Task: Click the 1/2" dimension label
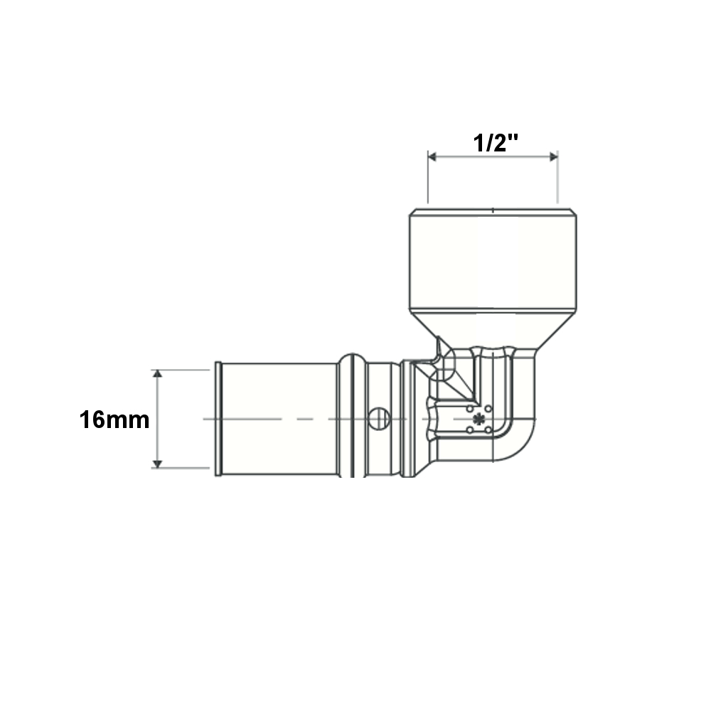pos(496,143)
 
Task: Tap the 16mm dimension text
pos(114,420)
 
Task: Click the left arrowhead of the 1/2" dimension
pos(432,157)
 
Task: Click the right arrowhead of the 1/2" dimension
pos(553,157)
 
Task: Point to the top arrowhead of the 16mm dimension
pos(157,374)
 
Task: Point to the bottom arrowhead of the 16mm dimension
pos(157,464)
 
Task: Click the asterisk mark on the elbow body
pos(479,419)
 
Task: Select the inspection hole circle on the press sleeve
pos(379,418)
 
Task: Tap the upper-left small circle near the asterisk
pos(470,409)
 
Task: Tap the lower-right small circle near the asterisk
pos(488,429)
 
